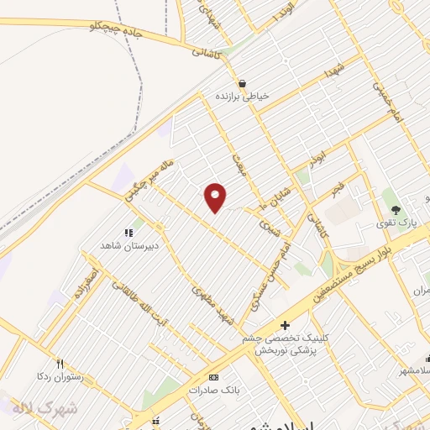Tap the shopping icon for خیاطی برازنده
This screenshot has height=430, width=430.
tap(243, 83)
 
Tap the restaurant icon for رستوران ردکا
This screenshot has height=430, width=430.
tap(59, 364)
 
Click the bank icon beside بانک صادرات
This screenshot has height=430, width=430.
tap(213, 377)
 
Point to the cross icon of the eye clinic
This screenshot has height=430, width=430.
tap(285, 325)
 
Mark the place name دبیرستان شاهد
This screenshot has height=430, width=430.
tap(128, 245)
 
